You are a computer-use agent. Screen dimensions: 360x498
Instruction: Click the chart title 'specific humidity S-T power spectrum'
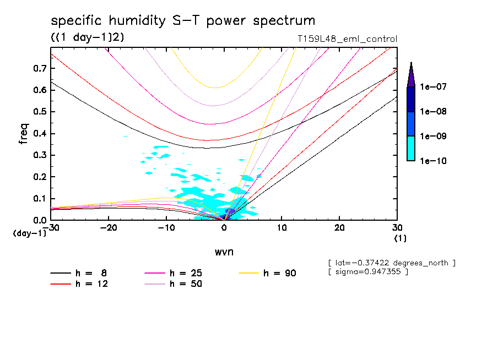click(x=183, y=21)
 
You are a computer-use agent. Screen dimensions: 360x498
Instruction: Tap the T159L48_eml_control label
click(x=346, y=39)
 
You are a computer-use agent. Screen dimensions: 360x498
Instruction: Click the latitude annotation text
click(x=391, y=263)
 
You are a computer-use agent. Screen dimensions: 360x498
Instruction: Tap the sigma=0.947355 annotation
click(x=367, y=272)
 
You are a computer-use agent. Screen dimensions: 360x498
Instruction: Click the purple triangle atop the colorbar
click(x=410, y=75)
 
